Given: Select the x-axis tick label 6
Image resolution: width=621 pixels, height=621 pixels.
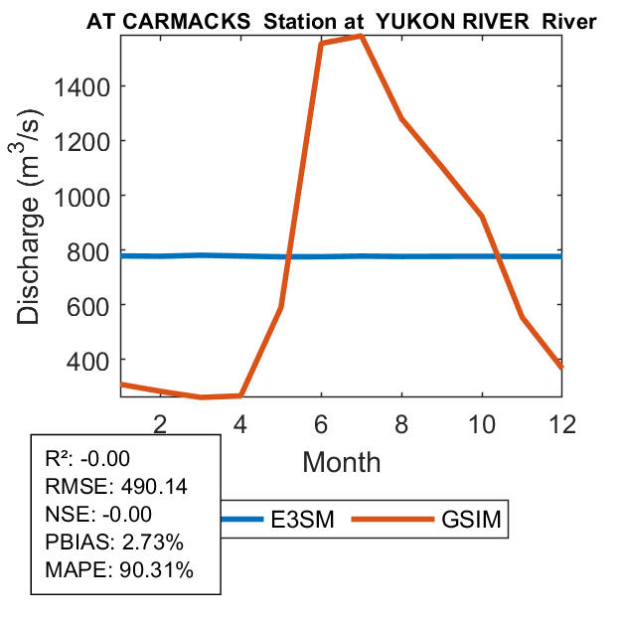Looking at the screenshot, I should click(321, 422).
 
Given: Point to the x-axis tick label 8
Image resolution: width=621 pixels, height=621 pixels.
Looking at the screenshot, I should click(401, 422).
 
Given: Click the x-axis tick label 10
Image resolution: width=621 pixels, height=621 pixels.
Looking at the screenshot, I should click(482, 422).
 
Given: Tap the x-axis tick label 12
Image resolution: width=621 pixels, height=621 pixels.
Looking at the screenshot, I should click(562, 422).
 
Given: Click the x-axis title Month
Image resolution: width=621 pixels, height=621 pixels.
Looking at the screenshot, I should click(341, 461).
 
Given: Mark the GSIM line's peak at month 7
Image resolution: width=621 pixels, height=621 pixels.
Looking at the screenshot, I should click(361, 36).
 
